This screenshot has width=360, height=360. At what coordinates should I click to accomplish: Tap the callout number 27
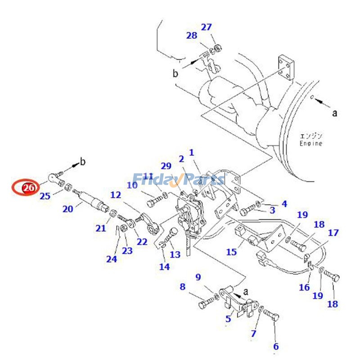[206, 27]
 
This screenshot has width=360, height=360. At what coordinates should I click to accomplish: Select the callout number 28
[192, 36]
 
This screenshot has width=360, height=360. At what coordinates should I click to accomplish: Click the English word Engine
[311, 144]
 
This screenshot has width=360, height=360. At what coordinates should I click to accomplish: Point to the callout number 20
[67, 209]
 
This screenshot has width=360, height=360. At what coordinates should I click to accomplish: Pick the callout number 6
[276, 346]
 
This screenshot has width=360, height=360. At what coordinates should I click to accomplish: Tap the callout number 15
[231, 252]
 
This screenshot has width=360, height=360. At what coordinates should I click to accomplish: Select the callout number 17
[333, 233]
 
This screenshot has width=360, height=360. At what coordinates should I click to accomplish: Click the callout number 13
[175, 254]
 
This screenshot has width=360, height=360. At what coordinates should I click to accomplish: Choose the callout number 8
[182, 287]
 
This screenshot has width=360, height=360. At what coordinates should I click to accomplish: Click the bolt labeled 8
[205, 304]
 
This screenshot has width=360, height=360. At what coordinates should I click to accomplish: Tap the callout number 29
[166, 166]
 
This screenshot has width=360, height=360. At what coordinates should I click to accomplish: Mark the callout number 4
[284, 204]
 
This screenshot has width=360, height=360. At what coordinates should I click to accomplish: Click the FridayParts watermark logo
[178, 180]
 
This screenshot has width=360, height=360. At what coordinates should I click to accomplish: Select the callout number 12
[116, 195]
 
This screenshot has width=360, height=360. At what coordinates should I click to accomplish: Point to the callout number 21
[100, 228]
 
